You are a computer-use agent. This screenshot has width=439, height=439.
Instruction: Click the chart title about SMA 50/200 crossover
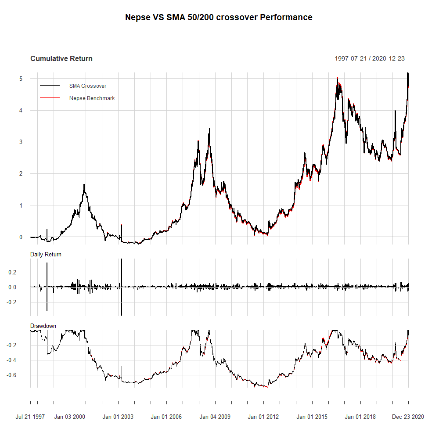click(219, 18)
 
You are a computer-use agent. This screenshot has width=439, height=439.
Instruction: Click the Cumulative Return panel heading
click(61, 58)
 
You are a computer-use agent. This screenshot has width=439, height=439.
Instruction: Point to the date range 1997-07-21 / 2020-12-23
click(369, 58)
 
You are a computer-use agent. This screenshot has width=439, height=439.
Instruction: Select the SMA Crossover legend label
click(88, 86)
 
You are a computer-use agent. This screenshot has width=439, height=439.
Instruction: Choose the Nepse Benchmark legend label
click(92, 98)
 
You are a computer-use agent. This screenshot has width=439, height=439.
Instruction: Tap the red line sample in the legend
click(49, 98)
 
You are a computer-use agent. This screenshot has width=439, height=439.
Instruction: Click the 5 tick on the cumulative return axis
click(21, 79)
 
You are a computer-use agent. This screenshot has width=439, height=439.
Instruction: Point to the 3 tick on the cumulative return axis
click(21, 142)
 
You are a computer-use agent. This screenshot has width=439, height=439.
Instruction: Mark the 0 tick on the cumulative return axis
click(21, 237)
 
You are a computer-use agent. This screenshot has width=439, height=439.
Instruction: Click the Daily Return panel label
click(46, 254)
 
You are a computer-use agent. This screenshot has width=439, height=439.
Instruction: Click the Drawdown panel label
click(43, 326)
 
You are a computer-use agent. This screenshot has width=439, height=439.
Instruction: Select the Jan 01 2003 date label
click(118, 417)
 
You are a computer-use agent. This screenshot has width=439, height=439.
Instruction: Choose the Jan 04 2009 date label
click(214, 417)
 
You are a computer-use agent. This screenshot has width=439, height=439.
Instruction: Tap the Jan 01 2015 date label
click(311, 417)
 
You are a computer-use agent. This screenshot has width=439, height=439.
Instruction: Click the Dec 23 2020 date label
click(408, 417)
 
